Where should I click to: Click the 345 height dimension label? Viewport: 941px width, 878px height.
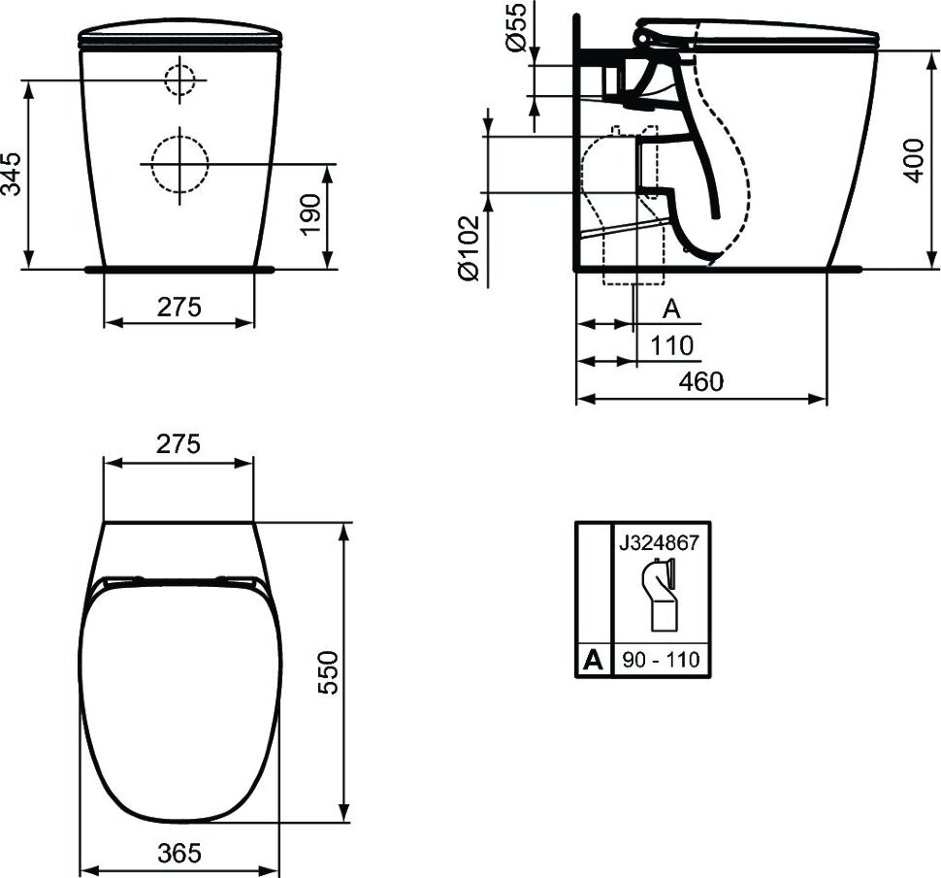(12, 174)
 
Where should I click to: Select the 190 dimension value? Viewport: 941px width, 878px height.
(310, 214)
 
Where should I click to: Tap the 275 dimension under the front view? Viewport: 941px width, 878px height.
(179, 308)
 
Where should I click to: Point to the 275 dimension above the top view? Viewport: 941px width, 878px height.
(178, 444)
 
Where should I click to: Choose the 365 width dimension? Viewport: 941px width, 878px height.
(180, 852)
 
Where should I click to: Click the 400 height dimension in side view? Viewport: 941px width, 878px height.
(914, 160)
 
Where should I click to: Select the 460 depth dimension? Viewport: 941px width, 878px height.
(701, 381)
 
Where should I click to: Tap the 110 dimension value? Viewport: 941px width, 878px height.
(671, 345)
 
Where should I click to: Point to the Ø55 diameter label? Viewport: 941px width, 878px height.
(517, 26)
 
